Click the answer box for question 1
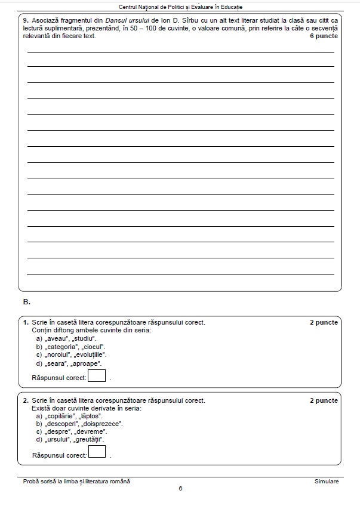pyautogui.click(x=97, y=376)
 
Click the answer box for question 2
pyautogui.click(x=97, y=452)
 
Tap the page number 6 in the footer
pyautogui.click(x=180, y=489)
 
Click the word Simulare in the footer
pyautogui.click(x=327, y=481)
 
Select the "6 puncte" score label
pyautogui.click(x=324, y=36)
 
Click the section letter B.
pyautogui.click(x=27, y=301)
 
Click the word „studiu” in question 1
pyautogui.click(x=84, y=338)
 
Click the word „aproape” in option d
pyautogui.click(x=87, y=363)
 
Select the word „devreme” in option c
pyautogui.click(x=91, y=431)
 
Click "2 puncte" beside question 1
pyautogui.click(x=324, y=322)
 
